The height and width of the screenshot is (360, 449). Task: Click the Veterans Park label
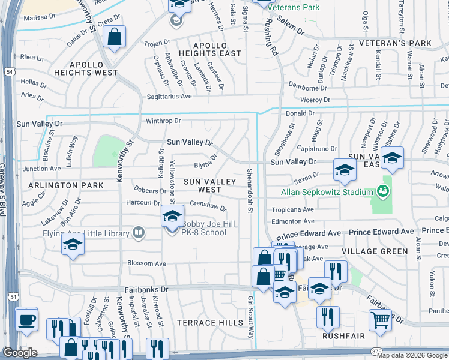[x=293, y=8]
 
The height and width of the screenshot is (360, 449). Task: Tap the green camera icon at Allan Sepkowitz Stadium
[x=382, y=192]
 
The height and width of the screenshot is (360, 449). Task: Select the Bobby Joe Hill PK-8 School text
[x=196, y=232]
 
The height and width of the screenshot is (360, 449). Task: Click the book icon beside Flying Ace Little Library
[x=139, y=233]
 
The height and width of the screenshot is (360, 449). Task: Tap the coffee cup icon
[x=26, y=320]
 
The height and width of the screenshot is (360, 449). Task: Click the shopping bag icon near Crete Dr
[x=114, y=37]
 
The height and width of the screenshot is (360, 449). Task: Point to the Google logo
[x=20, y=352]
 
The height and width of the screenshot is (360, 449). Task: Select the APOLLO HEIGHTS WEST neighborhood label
[x=94, y=68]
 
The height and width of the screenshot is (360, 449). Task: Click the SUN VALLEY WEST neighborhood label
[x=202, y=185]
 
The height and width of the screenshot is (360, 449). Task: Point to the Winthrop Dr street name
[x=163, y=121]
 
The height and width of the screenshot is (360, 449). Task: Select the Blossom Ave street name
[x=146, y=263]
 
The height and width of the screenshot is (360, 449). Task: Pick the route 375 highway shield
[x=376, y=351]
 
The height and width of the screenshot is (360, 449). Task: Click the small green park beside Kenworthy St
[x=108, y=150]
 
